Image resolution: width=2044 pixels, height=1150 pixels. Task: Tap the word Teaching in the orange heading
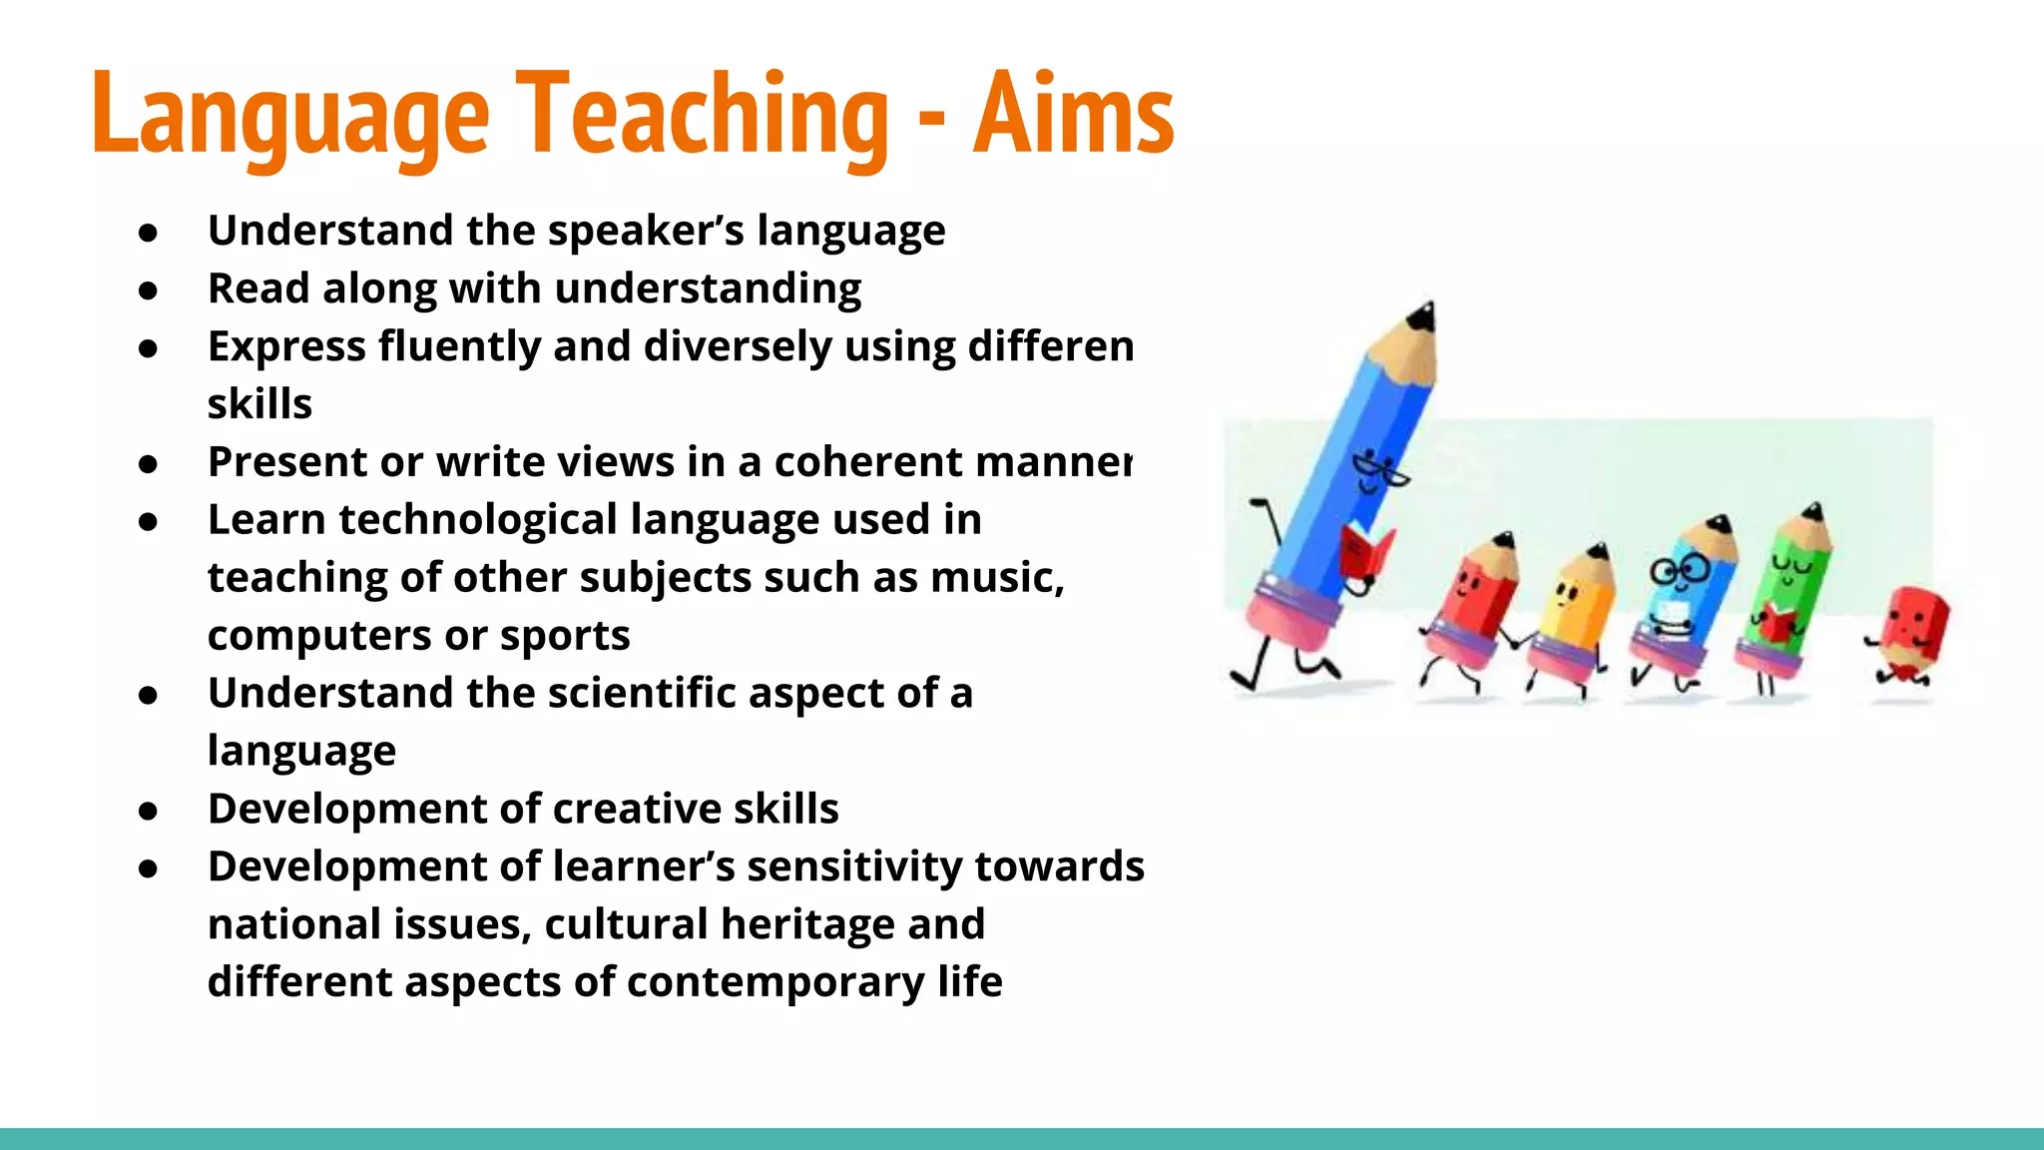tap(701, 115)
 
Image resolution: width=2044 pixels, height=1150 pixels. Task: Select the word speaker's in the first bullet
tap(646, 231)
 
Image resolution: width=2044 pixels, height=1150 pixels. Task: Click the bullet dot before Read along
tap(149, 290)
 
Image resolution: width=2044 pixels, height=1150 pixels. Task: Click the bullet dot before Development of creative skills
tap(149, 811)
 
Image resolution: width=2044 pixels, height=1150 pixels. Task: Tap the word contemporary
tap(774, 982)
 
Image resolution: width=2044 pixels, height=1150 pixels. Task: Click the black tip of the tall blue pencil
tap(1421, 317)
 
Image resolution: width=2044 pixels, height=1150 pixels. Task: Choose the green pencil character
tap(1789, 589)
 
